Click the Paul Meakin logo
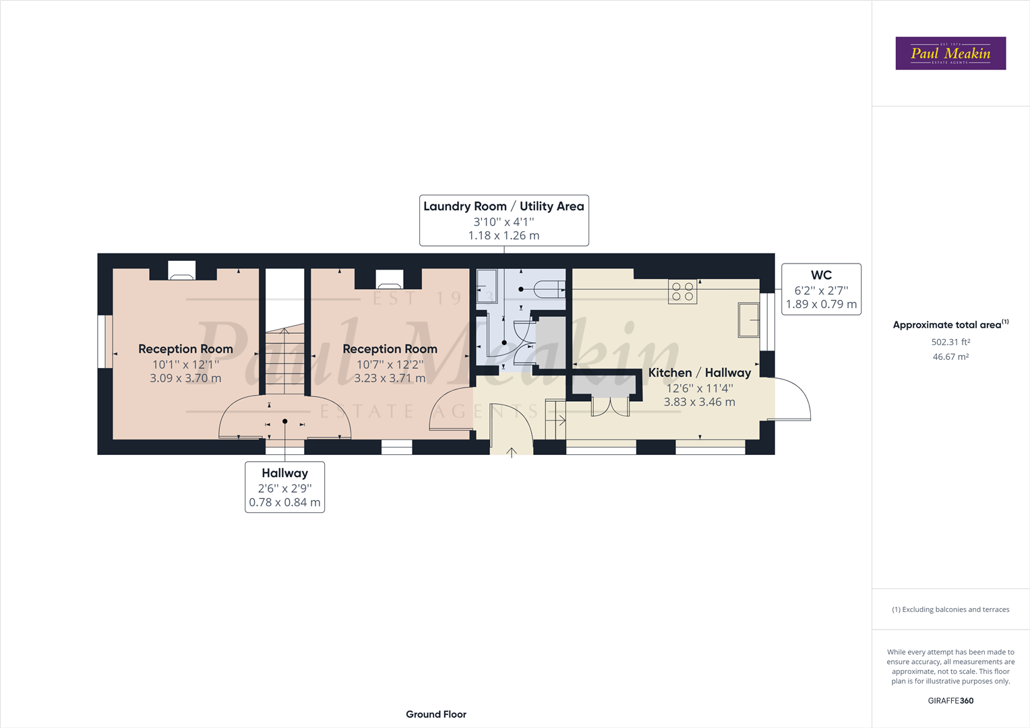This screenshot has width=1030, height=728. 950,53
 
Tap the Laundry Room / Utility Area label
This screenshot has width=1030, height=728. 504,206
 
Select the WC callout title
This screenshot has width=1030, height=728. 821,275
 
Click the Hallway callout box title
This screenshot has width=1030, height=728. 284,473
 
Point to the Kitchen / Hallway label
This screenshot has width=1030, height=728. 700,373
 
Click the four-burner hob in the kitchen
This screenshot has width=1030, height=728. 682,292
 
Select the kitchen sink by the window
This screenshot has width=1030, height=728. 749,320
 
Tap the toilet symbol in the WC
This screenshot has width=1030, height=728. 549,289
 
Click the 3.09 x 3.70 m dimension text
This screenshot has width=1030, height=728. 185,378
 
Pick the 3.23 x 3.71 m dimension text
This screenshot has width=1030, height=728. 390,378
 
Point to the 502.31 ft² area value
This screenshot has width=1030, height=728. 950,342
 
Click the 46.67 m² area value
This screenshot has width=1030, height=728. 950,357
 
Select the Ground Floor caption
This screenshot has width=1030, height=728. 436,715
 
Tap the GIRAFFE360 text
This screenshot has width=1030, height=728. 950,701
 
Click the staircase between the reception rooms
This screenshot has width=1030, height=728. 284,360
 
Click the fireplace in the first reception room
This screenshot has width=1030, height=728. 181,270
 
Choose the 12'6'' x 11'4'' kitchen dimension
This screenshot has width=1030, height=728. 700,389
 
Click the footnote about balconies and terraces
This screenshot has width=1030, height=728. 950,609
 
